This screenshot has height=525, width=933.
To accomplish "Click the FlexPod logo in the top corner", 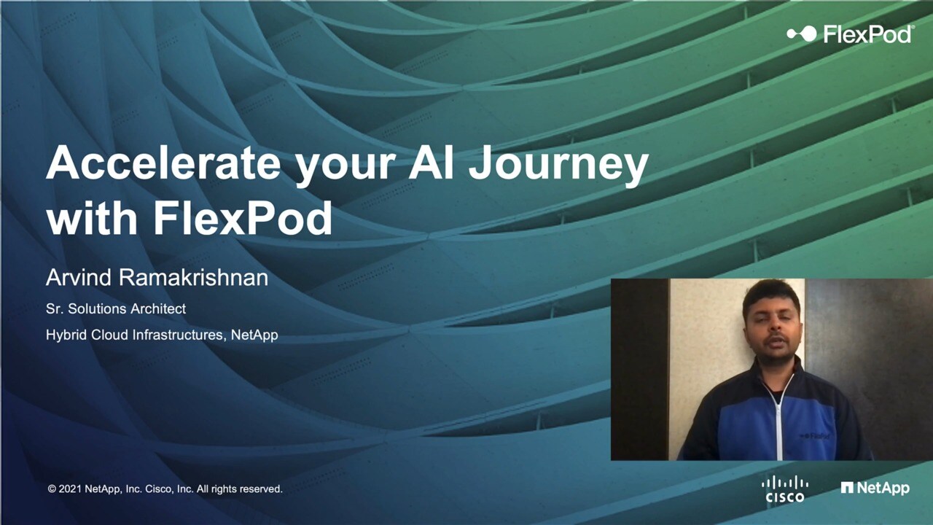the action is [x=850, y=34].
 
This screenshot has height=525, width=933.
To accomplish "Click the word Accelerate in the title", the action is [x=163, y=163].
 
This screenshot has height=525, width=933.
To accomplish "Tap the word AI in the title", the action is [x=431, y=163].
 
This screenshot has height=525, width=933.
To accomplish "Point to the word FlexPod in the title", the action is [x=243, y=218].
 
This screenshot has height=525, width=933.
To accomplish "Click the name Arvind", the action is [x=79, y=278].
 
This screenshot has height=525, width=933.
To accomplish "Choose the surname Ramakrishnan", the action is [x=194, y=278].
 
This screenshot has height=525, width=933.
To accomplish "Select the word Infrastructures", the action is [x=179, y=335].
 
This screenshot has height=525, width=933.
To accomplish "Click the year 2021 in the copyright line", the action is [x=70, y=489].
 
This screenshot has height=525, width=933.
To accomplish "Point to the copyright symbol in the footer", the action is [x=52, y=489].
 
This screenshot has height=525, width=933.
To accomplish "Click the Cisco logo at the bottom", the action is [x=785, y=489].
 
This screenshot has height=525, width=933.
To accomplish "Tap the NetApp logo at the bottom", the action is [x=875, y=488].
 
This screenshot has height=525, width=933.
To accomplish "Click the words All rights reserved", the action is [x=240, y=489].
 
